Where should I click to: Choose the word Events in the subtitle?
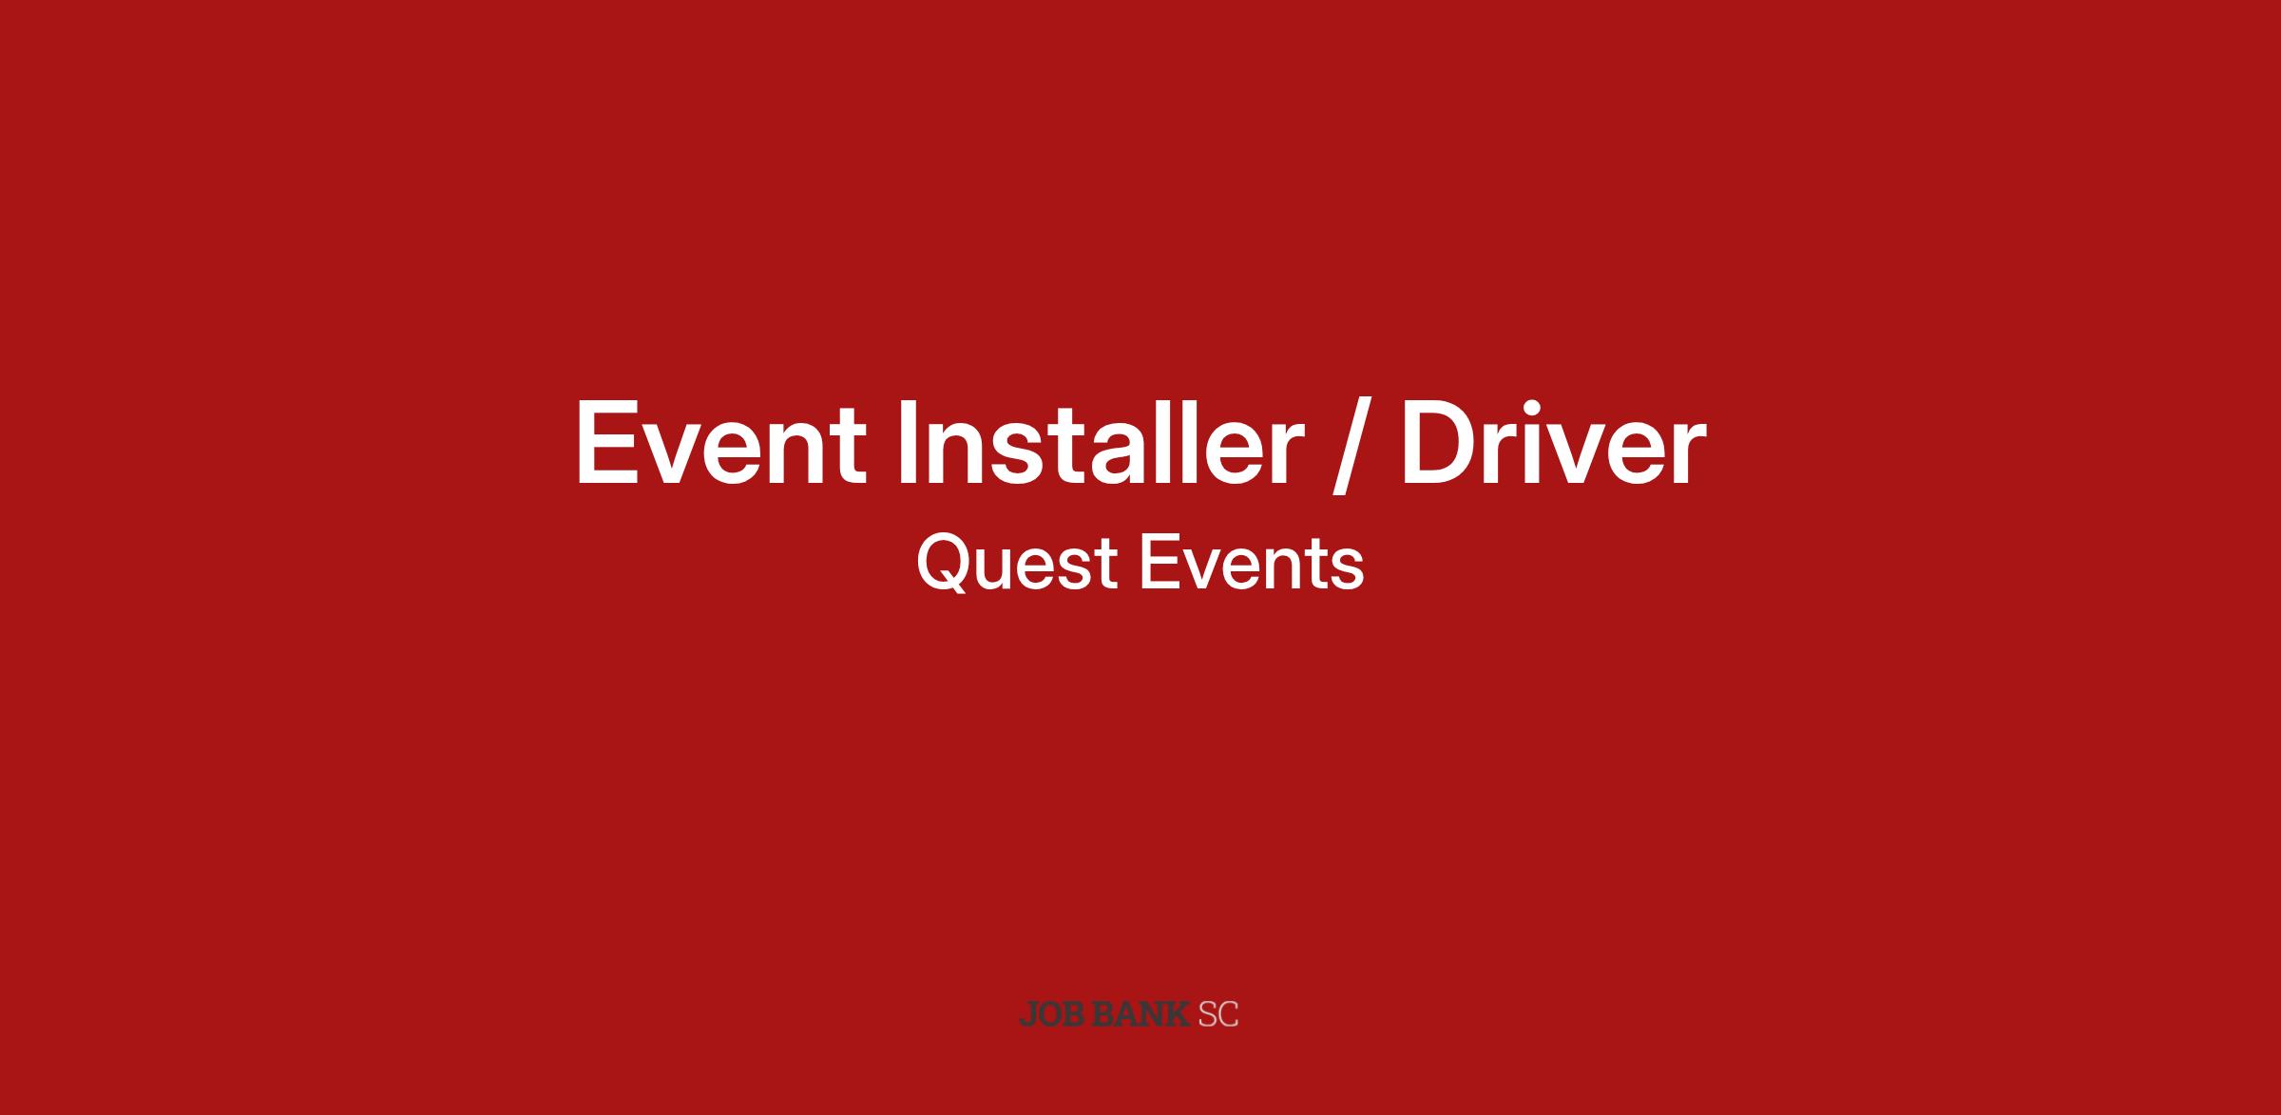point(1252,564)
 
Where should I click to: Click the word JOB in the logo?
point(1053,1014)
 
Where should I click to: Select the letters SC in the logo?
point(1218,1014)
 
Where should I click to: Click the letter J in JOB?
point(1027,1015)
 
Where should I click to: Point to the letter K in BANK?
point(1179,1014)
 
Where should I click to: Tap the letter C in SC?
point(1229,1014)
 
